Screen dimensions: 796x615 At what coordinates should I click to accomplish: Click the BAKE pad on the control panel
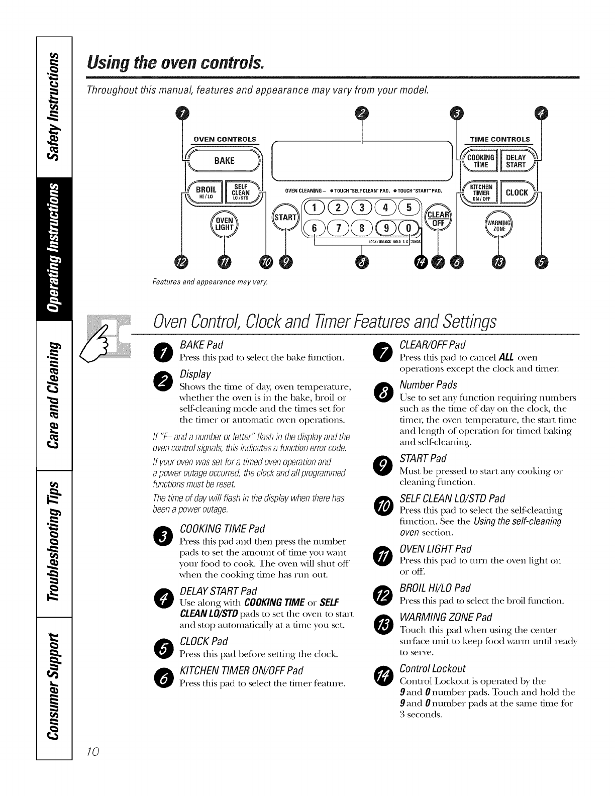(x=224, y=161)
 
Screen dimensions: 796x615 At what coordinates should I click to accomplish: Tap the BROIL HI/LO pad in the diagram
(x=206, y=192)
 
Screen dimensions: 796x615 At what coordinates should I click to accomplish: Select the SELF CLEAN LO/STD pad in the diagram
(x=241, y=192)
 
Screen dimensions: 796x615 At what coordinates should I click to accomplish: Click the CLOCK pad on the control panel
(x=517, y=192)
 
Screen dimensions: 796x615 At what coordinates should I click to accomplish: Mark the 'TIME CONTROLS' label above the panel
(x=499, y=139)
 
